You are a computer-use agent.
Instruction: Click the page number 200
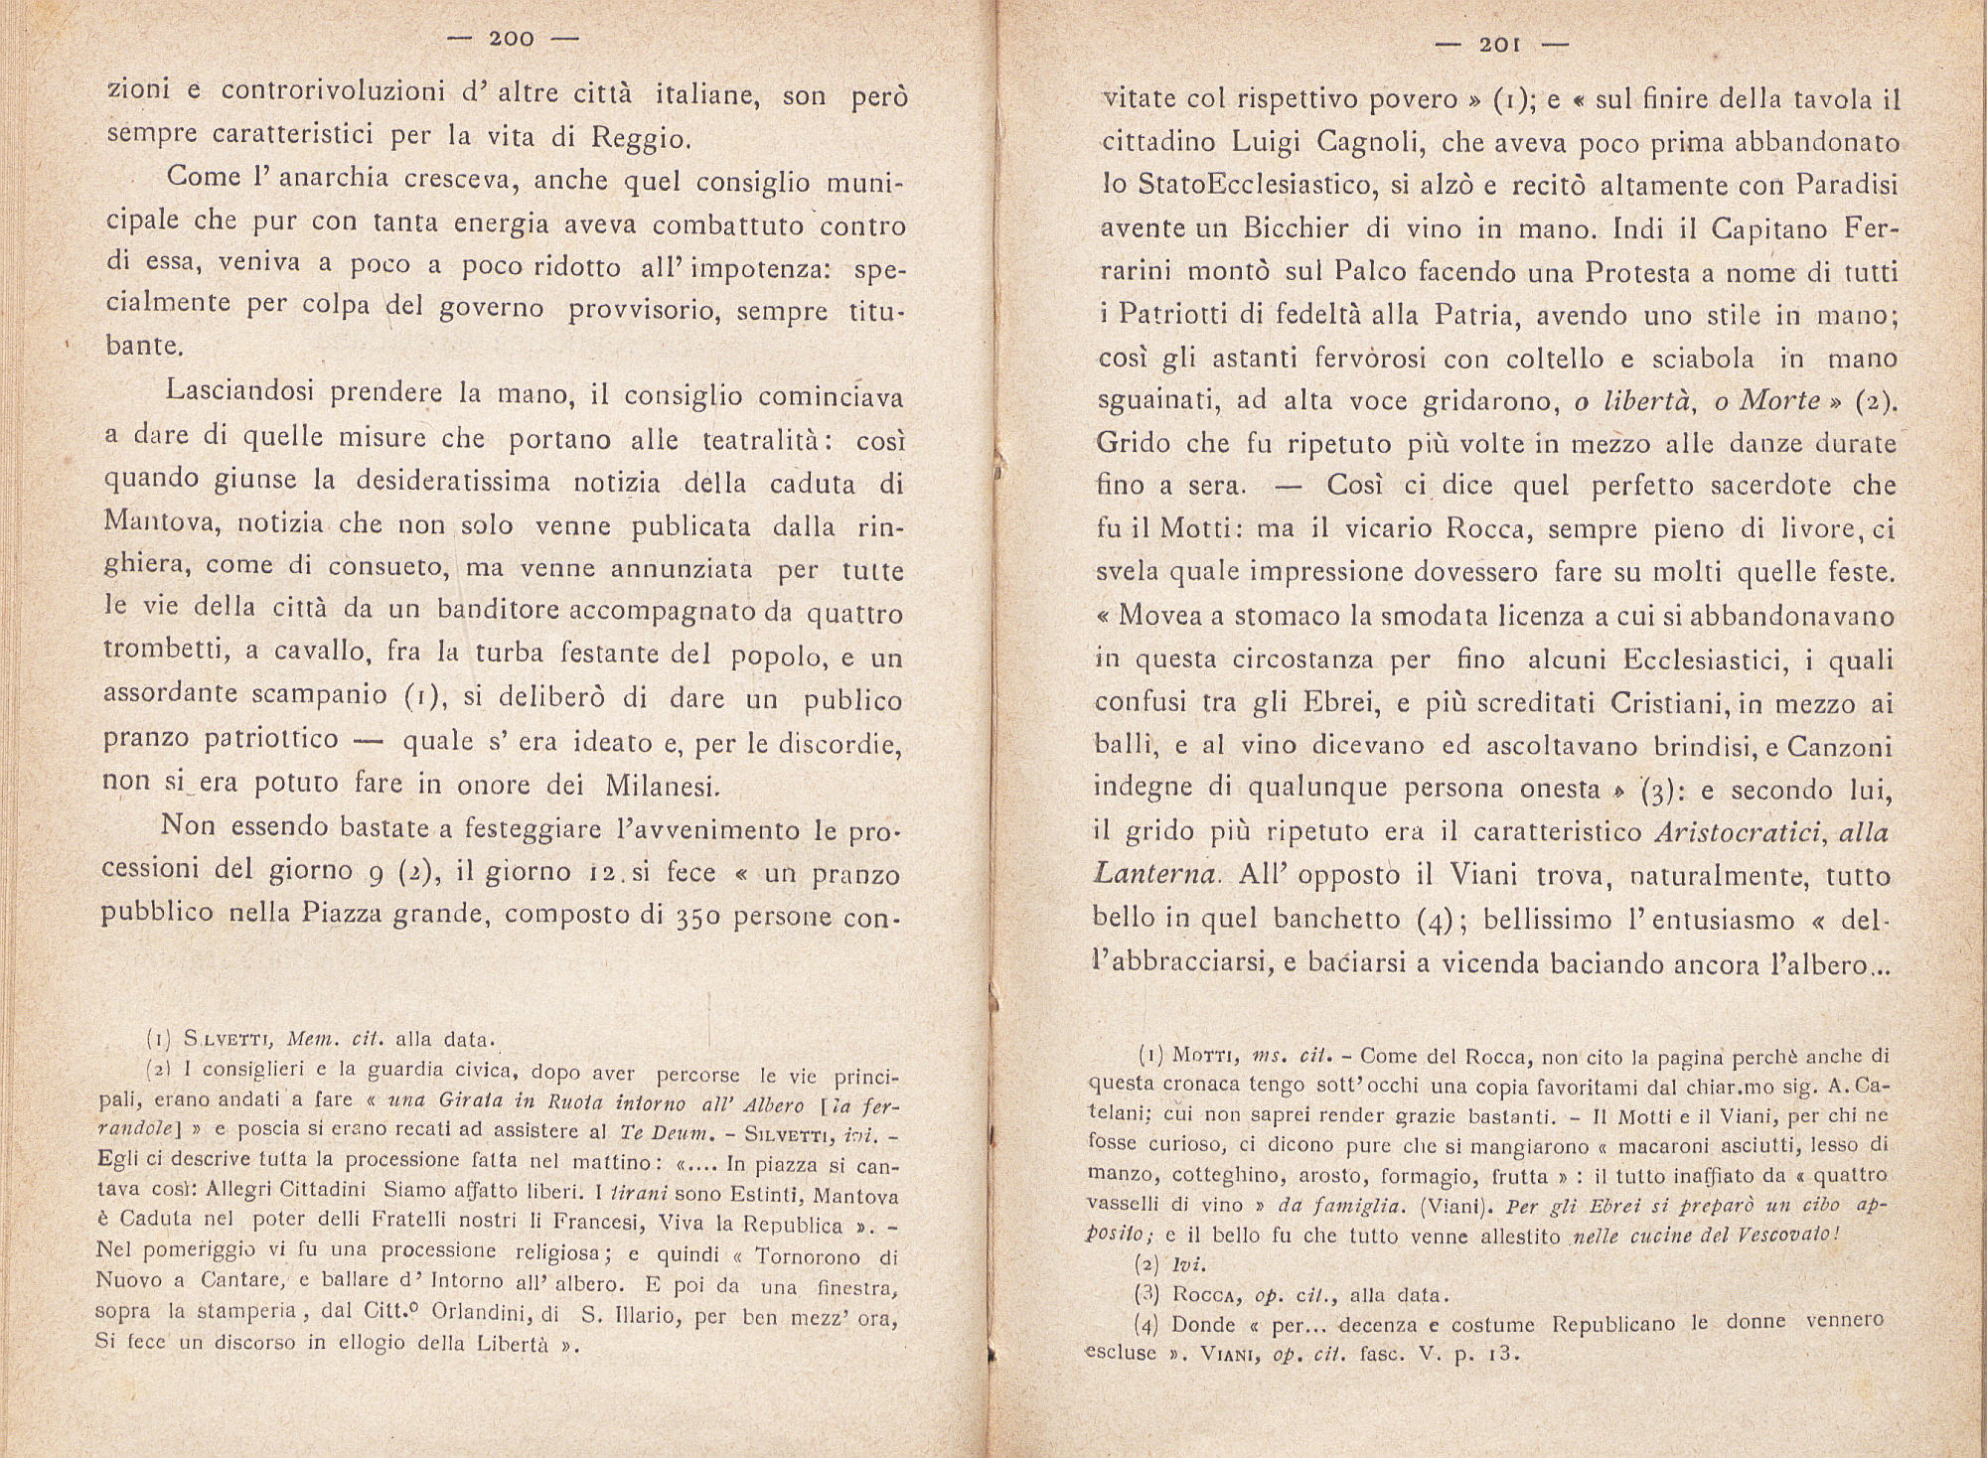(512, 39)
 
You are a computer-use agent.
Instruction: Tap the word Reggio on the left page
(640, 137)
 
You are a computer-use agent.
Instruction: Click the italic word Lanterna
(1152, 875)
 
